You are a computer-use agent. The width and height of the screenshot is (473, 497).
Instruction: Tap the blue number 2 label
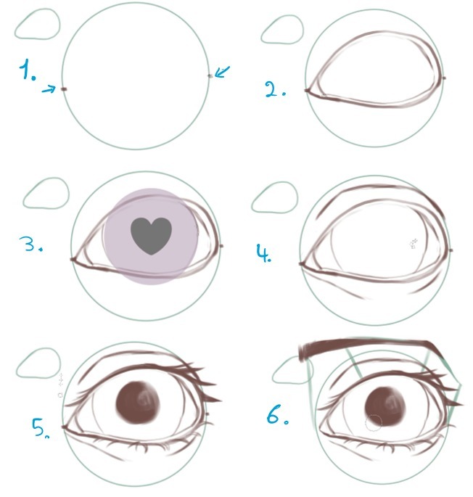coord(275,89)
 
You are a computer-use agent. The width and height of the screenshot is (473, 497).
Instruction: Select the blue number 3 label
coord(30,244)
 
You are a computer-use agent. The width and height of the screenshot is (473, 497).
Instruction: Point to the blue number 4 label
coord(264,252)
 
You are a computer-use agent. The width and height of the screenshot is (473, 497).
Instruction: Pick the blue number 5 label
coord(40,428)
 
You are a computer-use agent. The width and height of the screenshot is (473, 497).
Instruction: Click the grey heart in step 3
coord(151,236)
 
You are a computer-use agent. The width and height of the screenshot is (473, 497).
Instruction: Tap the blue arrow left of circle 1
coord(49,89)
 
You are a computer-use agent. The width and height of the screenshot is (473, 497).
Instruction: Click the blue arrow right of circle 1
coord(222,72)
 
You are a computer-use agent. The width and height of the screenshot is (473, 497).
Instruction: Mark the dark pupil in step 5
coord(138,403)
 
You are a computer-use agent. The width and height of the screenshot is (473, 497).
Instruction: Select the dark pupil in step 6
coord(385,406)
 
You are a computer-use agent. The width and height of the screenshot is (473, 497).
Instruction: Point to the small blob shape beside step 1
coord(38,25)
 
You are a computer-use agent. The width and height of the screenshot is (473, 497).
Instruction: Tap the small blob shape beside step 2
coord(282,29)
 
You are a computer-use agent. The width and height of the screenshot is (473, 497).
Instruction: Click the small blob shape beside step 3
coord(46,193)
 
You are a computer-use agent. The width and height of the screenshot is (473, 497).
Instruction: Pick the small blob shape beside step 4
coord(274,197)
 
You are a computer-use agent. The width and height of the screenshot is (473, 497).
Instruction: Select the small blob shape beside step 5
coord(38,363)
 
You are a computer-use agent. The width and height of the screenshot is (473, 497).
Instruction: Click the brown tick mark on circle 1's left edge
coord(64,89)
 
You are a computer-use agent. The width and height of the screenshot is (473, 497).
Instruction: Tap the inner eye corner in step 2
coord(307,91)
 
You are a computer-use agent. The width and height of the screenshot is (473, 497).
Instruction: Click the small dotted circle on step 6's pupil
coord(374,423)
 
